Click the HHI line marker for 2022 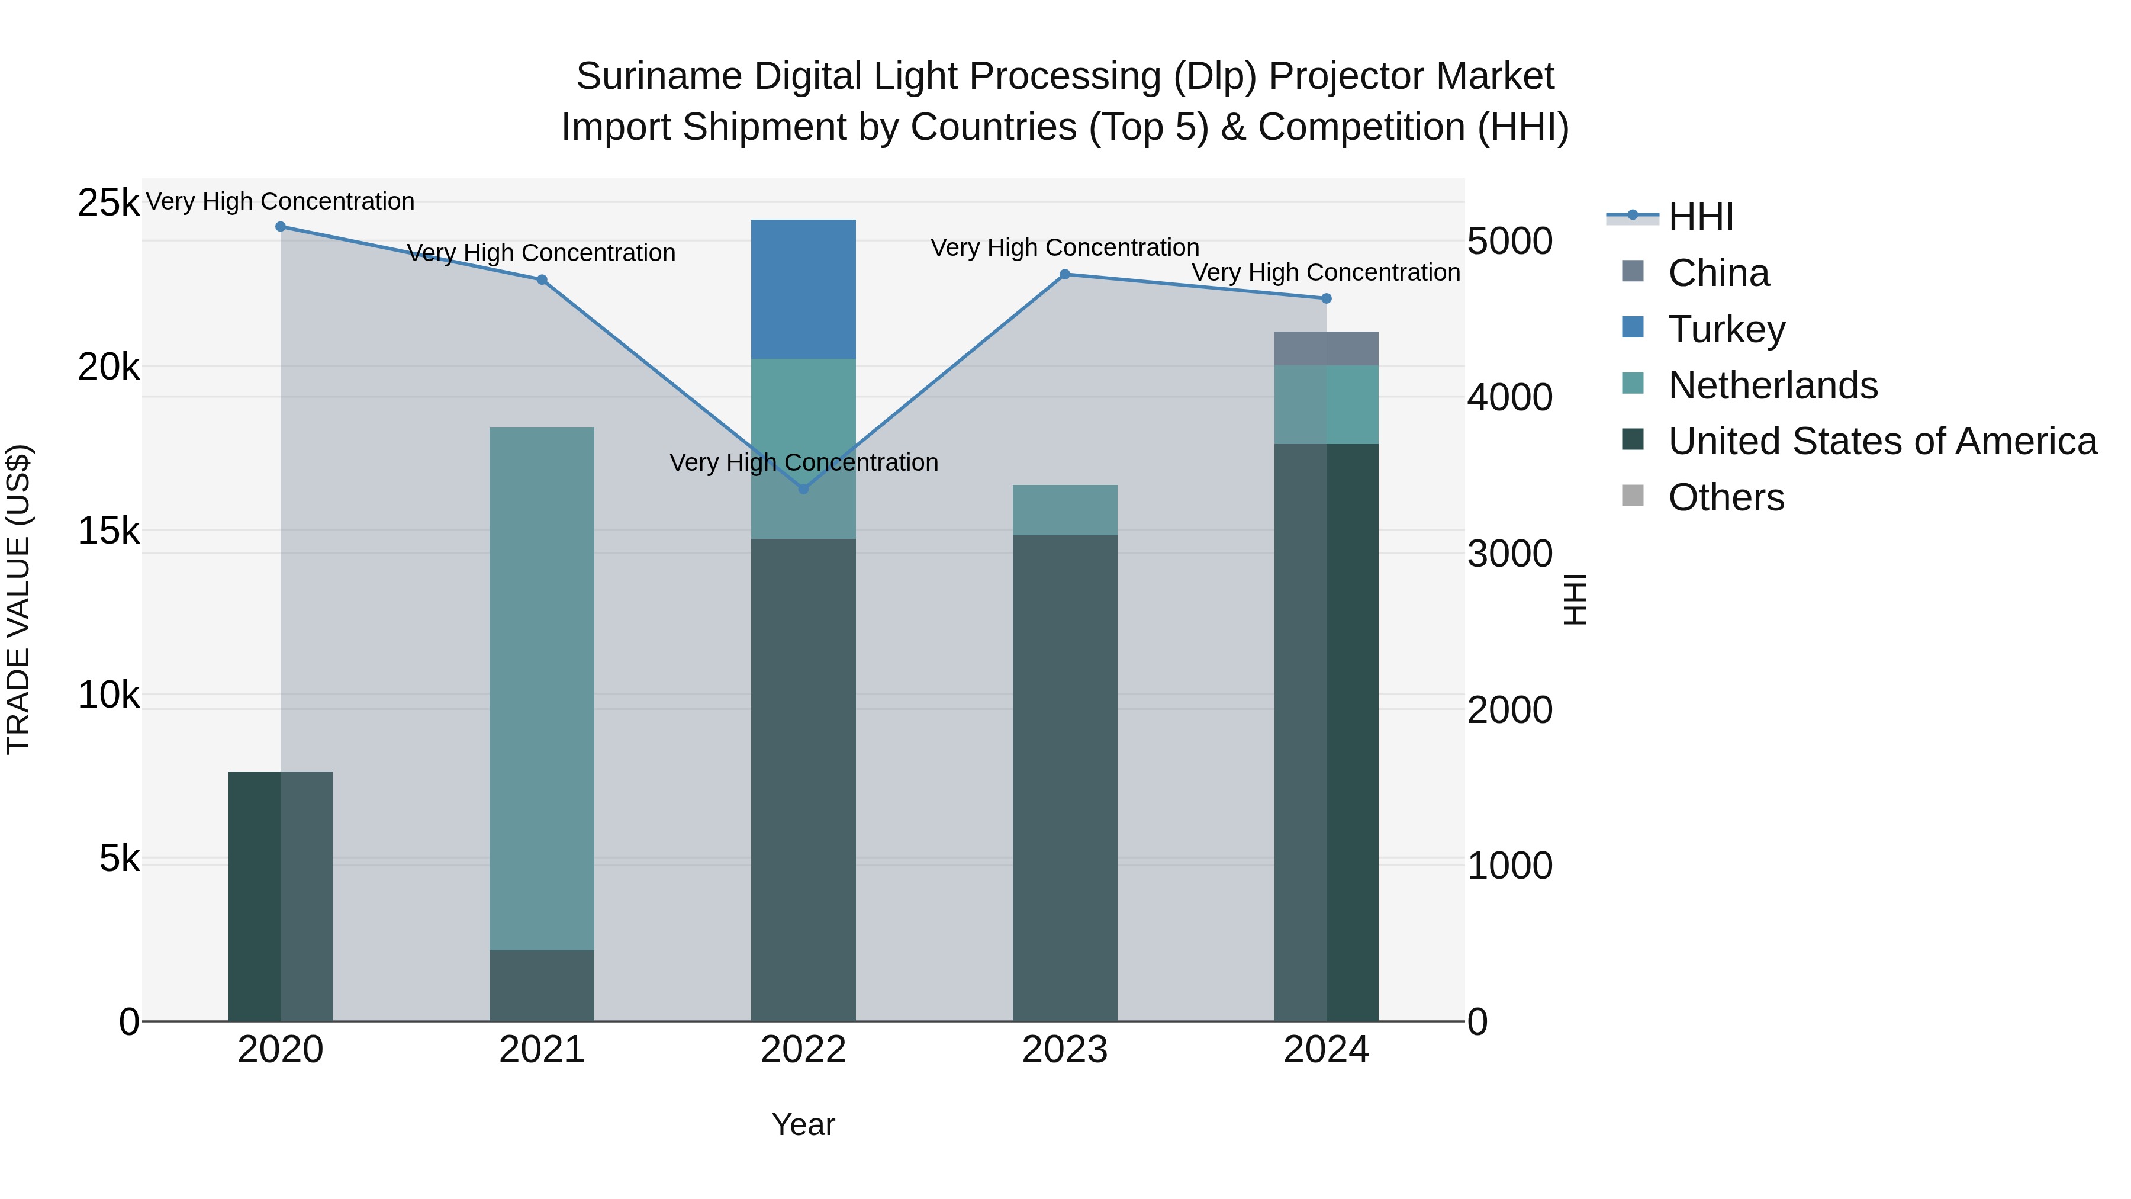[803, 489]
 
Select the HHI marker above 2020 [281, 227]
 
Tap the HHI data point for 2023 [1065, 274]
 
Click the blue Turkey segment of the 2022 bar [803, 289]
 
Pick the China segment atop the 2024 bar [1326, 348]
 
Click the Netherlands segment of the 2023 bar [1065, 510]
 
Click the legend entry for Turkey [1727, 329]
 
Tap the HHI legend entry [1700, 217]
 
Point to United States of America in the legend [1882, 442]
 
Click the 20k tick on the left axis [108, 367]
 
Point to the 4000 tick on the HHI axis [1509, 398]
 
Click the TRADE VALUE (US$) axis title [18, 600]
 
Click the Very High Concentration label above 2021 [542, 253]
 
